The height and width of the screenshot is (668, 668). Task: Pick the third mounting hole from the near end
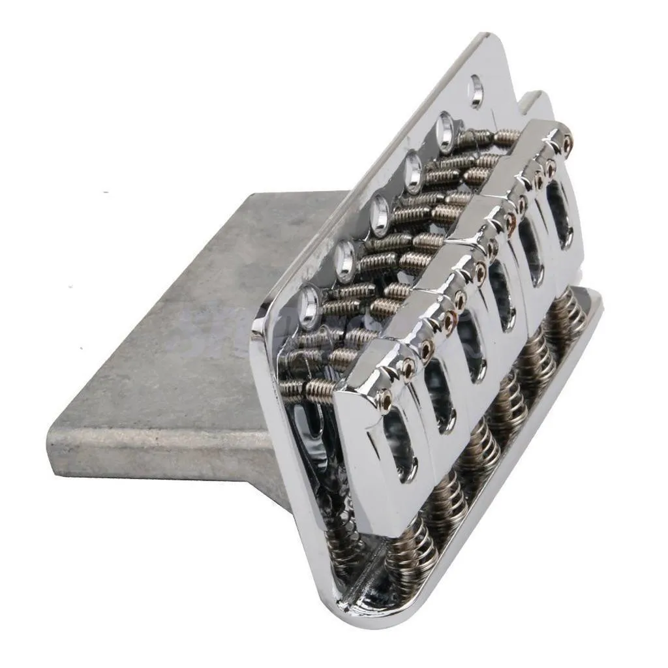point(379,215)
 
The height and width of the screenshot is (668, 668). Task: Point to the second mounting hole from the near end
point(344,258)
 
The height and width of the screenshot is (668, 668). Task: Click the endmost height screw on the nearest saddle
point(386,402)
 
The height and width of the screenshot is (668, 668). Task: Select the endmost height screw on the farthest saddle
point(568,140)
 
